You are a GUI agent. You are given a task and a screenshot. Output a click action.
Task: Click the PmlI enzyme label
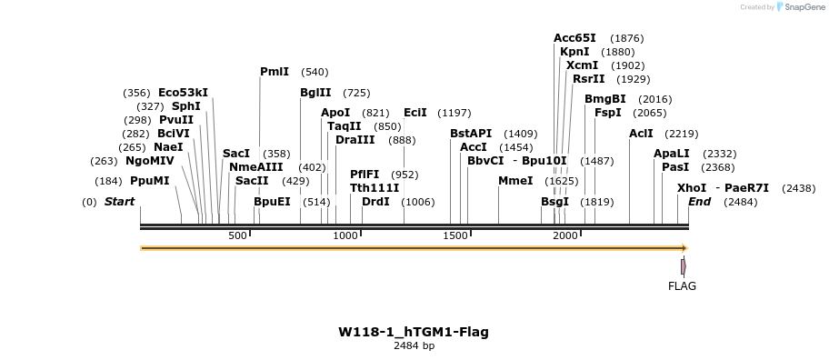[x=274, y=72]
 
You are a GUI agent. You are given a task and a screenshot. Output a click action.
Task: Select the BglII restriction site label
[x=315, y=93]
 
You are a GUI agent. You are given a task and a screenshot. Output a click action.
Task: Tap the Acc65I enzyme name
[x=574, y=38]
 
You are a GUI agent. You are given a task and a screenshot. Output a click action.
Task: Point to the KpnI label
[x=574, y=52]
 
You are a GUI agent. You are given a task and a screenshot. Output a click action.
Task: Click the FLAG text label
[x=682, y=286]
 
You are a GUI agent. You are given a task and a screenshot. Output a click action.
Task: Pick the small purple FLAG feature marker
[x=683, y=266]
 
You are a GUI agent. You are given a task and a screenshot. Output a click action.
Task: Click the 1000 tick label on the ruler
[x=345, y=236]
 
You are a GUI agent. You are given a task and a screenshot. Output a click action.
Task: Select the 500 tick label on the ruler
[x=238, y=236]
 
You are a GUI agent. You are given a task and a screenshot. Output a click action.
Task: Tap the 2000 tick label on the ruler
[x=565, y=236]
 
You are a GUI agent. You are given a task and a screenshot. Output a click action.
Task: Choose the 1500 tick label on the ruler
[x=454, y=236]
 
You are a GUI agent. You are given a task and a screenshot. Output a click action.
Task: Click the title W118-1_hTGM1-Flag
[x=414, y=332]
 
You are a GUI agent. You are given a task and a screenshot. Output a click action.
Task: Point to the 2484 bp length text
[x=414, y=346]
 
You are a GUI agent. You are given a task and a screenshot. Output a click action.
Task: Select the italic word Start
[x=119, y=201]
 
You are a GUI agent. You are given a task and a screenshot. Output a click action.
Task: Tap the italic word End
[x=699, y=201]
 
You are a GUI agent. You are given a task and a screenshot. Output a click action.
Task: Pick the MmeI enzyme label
[x=515, y=180]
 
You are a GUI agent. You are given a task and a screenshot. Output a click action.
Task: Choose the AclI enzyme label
[x=641, y=134]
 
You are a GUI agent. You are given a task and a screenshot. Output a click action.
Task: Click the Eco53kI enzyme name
[x=183, y=93]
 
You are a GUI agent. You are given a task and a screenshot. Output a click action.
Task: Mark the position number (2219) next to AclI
[x=682, y=134]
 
